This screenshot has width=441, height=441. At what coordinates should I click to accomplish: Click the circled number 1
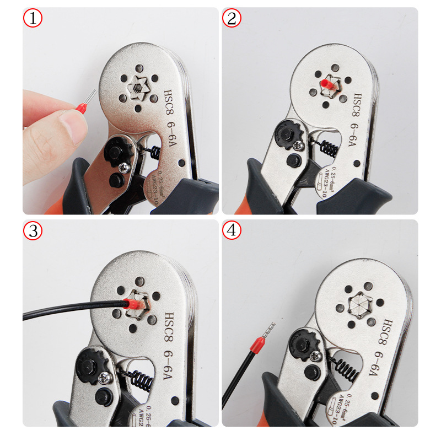coord(32,19)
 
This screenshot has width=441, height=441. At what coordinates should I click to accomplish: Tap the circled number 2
coord(232,19)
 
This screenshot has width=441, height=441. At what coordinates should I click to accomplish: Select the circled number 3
coord(32,232)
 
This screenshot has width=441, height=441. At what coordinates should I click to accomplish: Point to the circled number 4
coord(232,232)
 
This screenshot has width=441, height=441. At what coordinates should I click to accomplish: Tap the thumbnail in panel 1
coord(72,122)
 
